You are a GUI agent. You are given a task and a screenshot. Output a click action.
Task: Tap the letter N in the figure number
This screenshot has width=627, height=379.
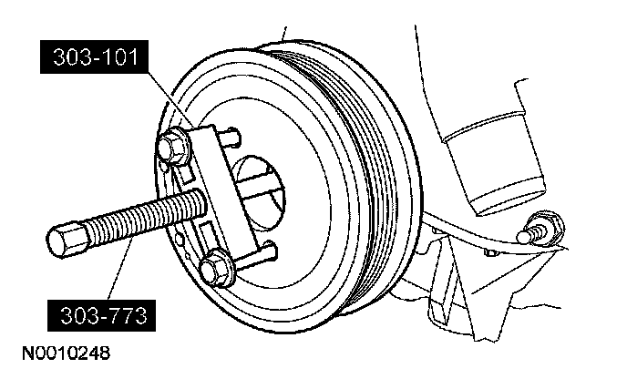pyautogui.click(x=18, y=350)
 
